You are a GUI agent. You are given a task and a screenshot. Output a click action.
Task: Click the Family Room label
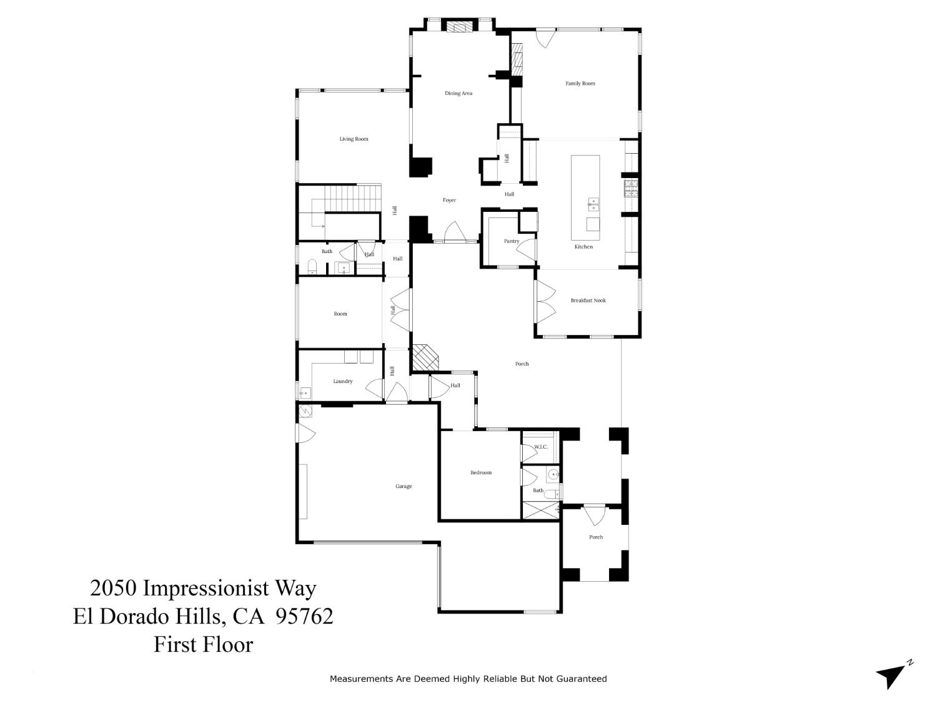point(580,83)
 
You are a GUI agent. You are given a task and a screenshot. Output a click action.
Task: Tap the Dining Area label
point(458,93)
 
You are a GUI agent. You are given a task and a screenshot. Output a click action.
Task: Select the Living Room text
point(354,139)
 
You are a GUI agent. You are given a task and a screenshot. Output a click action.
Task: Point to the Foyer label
point(449,200)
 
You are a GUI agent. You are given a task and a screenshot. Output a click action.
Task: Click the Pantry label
point(512,241)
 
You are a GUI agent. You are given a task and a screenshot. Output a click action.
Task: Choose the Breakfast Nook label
point(588,300)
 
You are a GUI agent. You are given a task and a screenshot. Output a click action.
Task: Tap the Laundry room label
point(342,381)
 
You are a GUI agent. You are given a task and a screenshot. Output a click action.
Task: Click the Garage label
point(404,486)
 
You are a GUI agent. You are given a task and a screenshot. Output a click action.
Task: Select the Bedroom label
point(481,472)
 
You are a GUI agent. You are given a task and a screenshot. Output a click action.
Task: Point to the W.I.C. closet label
point(540,447)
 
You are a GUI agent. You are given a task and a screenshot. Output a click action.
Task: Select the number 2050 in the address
point(114,588)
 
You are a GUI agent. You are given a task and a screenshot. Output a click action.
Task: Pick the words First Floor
point(203,644)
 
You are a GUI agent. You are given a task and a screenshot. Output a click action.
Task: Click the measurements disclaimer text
point(468,679)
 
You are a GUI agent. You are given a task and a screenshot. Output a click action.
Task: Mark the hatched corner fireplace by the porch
point(424,357)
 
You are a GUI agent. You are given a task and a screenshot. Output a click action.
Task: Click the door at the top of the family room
point(547,37)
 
